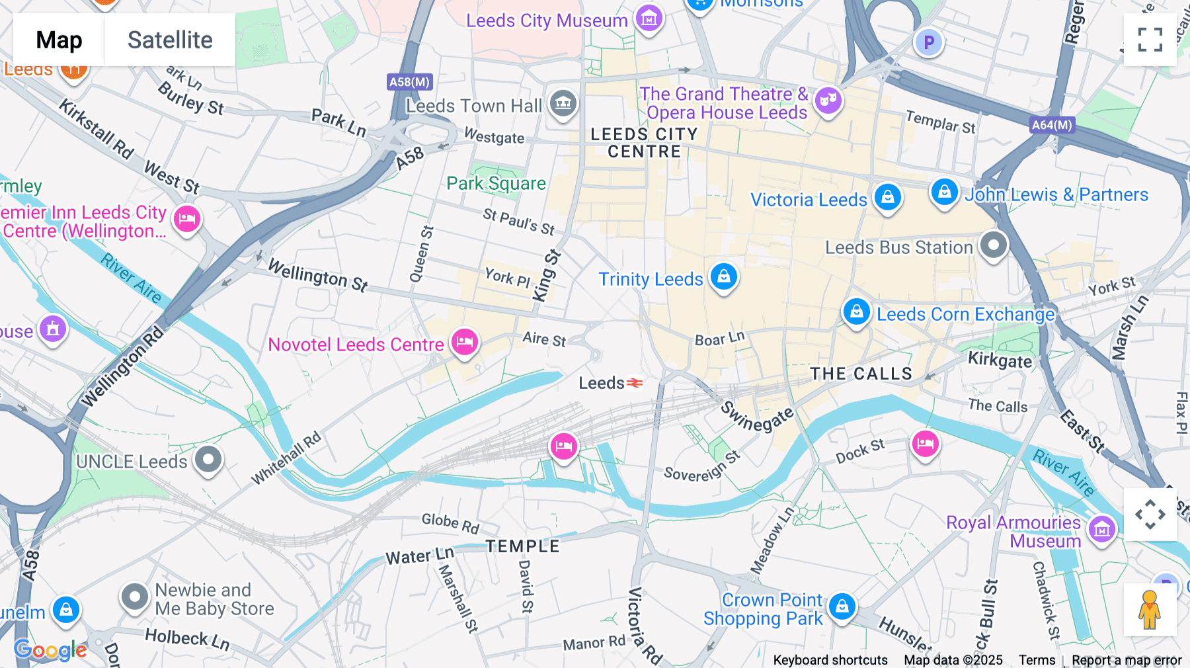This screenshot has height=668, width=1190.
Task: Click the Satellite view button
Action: (x=170, y=40)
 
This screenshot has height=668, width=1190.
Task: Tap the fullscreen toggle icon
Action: (x=1150, y=40)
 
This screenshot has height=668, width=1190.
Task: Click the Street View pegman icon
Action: (x=1150, y=610)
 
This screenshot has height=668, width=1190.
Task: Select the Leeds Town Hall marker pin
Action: (x=563, y=103)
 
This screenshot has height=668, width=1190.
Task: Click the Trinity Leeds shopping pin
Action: (x=724, y=276)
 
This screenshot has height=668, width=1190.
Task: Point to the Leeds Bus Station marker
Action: (x=993, y=245)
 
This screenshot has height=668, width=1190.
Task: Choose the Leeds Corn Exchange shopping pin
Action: (x=857, y=310)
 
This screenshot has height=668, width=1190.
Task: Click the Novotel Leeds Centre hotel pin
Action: (x=465, y=342)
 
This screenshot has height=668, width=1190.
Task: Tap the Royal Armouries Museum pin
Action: (x=1101, y=529)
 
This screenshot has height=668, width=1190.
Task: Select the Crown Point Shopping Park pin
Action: (x=842, y=606)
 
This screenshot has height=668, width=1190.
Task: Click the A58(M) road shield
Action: (x=409, y=82)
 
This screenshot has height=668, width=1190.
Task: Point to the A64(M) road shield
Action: (x=1052, y=124)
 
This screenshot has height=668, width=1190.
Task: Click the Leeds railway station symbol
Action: (x=635, y=383)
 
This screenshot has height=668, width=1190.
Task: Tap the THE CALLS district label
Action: (x=861, y=374)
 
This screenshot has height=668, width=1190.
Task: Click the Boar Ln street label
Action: (x=719, y=339)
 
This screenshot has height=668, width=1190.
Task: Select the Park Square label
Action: (x=496, y=183)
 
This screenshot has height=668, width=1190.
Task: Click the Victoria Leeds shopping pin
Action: (x=888, y=196)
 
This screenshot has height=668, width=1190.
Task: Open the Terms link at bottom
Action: (x=1037, y=660)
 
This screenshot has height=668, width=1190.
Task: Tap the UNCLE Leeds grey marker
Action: (x=208, y=458)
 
